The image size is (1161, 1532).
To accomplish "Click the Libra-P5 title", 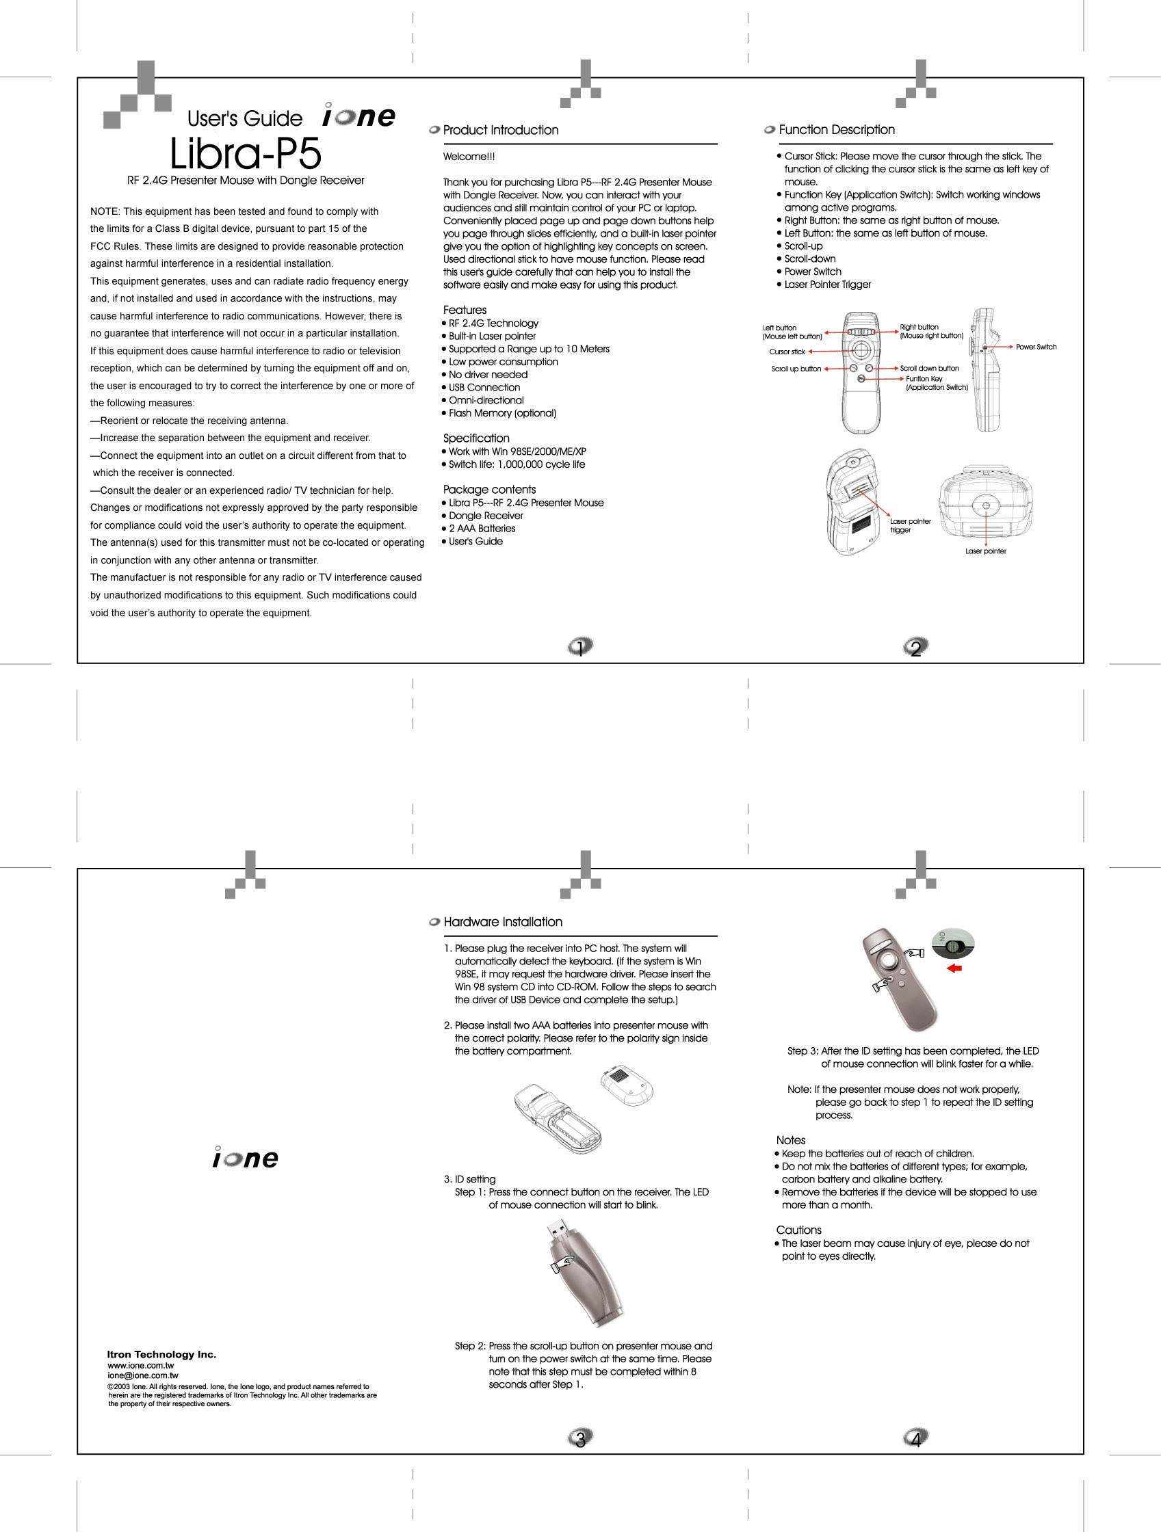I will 246,155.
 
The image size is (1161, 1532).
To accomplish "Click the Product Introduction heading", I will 500,130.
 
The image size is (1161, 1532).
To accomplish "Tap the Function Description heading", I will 836,129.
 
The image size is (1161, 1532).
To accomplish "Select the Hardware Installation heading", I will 502,922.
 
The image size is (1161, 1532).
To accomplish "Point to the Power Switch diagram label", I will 1036,346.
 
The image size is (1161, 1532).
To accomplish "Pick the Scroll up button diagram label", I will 796,369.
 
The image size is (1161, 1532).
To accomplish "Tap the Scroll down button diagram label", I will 929,369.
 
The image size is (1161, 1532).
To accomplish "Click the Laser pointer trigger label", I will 909,525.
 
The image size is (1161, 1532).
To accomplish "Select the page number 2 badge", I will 916,648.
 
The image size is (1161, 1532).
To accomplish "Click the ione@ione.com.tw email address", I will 143,1375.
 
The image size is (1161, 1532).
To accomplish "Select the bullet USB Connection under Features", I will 484,387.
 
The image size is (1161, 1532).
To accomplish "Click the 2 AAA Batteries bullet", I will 482,529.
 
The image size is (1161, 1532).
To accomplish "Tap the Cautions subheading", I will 798,1230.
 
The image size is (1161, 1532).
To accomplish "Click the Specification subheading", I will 476,438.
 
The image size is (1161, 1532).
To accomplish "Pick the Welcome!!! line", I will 469,157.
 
